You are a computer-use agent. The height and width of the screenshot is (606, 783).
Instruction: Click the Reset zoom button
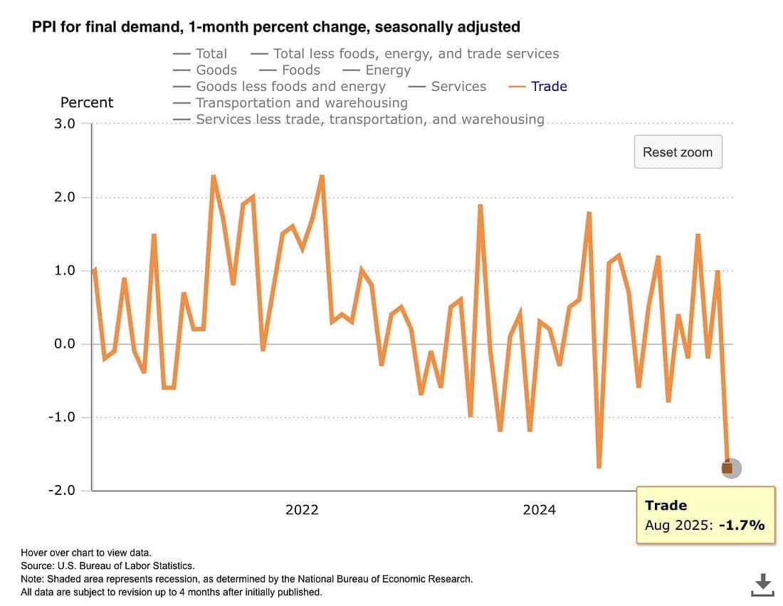[678, 151]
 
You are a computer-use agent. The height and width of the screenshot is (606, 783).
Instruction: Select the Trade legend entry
[548, 86]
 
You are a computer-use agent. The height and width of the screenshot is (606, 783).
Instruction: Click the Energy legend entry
[387, 70]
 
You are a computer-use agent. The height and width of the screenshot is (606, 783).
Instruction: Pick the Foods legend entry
[300, 70]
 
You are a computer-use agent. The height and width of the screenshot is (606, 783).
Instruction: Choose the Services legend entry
[458, 86]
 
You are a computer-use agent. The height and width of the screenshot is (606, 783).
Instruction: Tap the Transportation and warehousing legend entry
[301, 102]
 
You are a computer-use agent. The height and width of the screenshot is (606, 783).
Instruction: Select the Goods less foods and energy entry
[290, 86]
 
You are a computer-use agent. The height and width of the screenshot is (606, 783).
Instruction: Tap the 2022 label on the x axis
[302, 509]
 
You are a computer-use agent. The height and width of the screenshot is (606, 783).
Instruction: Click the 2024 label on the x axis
[539, 509]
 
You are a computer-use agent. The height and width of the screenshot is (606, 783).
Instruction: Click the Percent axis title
[87, 102]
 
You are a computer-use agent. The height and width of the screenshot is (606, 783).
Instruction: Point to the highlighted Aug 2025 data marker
[727, 468]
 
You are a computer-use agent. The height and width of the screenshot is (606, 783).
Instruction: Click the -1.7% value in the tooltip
[741, 526]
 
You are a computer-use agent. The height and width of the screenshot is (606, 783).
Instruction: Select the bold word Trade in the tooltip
[666, 506]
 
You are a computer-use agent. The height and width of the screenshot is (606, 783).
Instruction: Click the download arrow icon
[762, 584]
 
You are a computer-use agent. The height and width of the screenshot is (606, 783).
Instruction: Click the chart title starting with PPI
[275, 27]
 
